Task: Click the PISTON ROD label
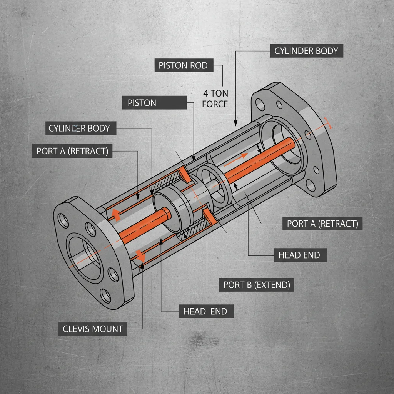coord(183,65)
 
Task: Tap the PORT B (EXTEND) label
coord(257,285)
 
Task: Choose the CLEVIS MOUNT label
coord(93,329)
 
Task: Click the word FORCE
coord(215,104)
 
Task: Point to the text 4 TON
coord(215,93)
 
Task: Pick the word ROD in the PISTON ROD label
coord(199,65)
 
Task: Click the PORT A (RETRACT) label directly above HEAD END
coord(322,224)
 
